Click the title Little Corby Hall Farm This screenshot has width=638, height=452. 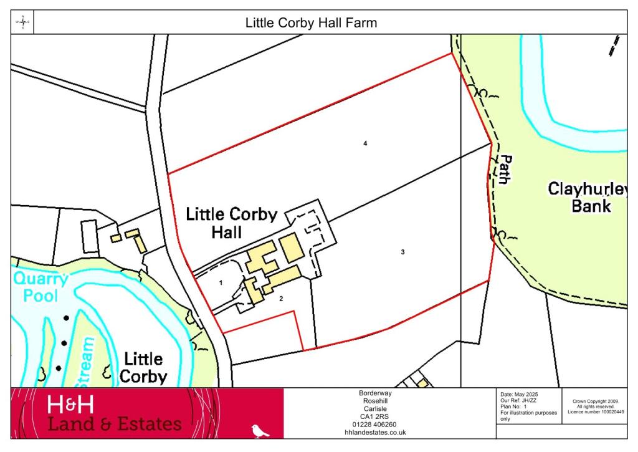coord(311,23)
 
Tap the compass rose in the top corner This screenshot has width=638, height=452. coord(22,23)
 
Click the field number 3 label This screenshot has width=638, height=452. coord(403,252)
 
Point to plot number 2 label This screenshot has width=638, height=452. coord(281,299)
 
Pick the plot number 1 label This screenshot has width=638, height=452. coord(221,282)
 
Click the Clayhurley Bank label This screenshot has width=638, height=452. coord(586,196)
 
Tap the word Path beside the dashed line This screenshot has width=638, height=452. coord(503,170)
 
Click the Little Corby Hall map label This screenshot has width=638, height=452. coord(232,223)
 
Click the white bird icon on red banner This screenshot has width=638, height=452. coord(260,430)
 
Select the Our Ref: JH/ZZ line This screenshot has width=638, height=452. coord(518,401)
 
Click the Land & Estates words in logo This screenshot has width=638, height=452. coord(115,425)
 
